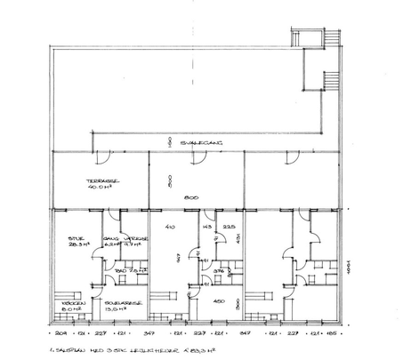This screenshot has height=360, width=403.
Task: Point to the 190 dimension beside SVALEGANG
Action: pos(167,141)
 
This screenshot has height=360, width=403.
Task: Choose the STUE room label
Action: pos(75,239)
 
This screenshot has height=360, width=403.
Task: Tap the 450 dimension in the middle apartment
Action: pos(217,301)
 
